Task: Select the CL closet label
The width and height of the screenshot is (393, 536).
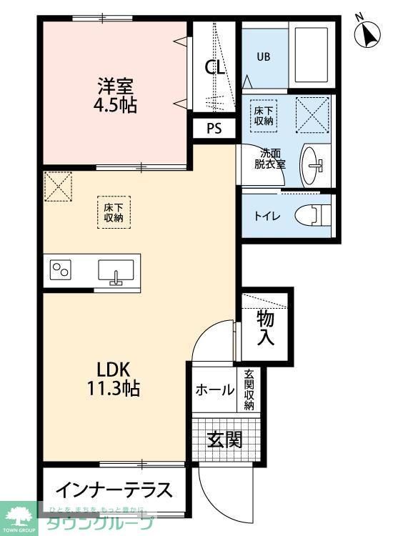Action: click(x=215, y=68)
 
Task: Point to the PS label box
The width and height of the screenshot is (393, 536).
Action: click(x=214, y=129)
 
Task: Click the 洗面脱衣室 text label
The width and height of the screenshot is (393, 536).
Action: click(x=272, y=159)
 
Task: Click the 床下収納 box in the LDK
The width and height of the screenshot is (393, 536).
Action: click(x=114, y=211)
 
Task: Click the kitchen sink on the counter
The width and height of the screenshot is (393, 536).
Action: click(x=116, y=272)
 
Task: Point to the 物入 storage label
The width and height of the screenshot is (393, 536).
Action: click(x=266, y=327)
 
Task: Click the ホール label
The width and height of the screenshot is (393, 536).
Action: click(x=214, y=390)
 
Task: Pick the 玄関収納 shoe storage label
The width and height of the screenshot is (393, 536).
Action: click(x=249, y=389)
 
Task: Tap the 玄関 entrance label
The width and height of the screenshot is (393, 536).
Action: click(x=224, y=439)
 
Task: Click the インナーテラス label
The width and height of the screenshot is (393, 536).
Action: click(x=114, y=491)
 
